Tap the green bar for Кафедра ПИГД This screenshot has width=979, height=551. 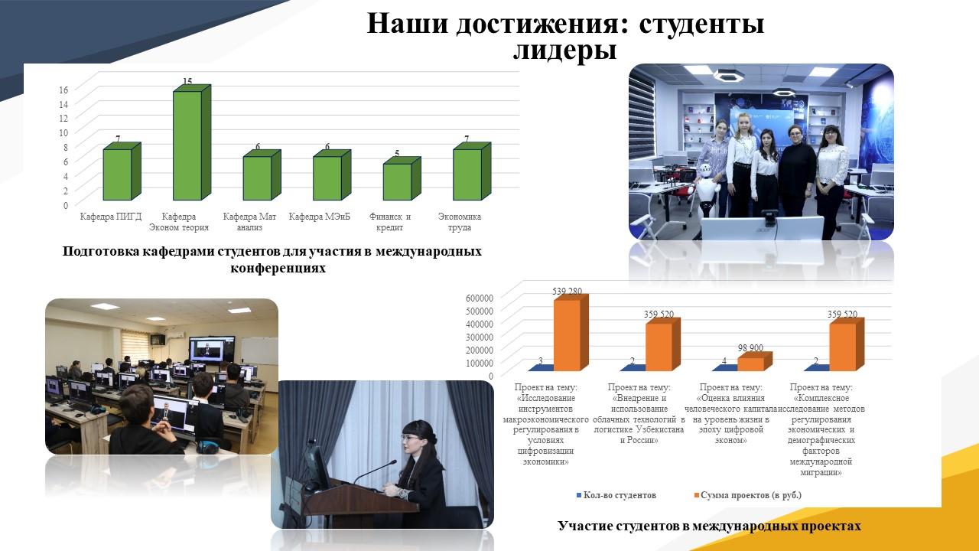click(x=122, y=171)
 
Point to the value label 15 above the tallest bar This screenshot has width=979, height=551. click(x=187, y=81)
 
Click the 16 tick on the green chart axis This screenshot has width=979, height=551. click(x=63, y=90)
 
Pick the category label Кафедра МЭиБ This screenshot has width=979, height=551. click(x=320, y=217)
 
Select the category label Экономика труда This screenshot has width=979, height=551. click(x=460, y=222)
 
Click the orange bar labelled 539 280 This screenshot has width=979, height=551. click(x=571, y=332)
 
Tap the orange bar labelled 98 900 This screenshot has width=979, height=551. click(x=755, y=361)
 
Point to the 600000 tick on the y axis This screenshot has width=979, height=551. click(x=480, y=298)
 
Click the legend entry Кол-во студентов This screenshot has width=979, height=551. click(x=616, y=495)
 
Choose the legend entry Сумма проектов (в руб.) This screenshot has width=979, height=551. click(x=748, y=495)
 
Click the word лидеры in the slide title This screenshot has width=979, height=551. click(x=564, y=50)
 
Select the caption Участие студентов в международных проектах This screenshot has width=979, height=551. click(x=709, y=526)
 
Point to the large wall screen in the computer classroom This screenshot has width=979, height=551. click(x=212, y=349)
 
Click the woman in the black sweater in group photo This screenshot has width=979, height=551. click(x=797, y=171)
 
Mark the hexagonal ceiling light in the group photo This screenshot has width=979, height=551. click(x=727, y=76)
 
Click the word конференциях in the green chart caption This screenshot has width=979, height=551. click(x=278, y=268)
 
